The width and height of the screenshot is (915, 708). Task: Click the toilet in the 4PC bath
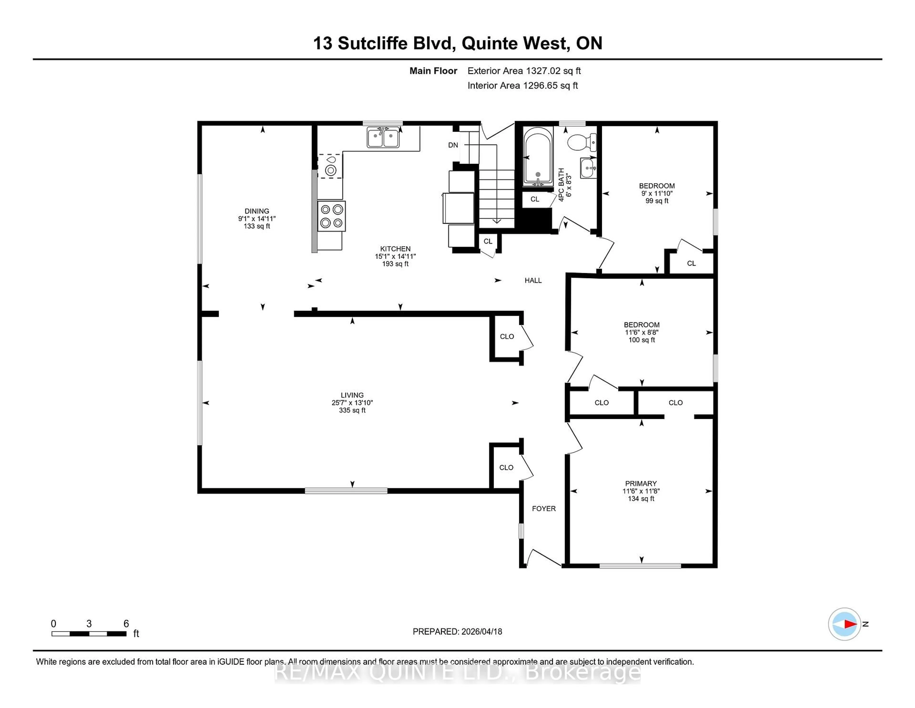[x=582, y=142]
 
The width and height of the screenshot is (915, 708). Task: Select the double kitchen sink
[x=383, y=138]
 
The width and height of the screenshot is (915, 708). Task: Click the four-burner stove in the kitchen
[x=331, y=216]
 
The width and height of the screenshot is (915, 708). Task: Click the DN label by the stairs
[x=453, y=145]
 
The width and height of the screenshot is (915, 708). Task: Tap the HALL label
[x=533, y=280]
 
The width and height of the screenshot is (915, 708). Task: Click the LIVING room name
[x=352, y=395]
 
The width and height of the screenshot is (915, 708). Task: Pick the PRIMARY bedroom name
[x=640, y=484]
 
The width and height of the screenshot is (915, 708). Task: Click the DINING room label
[x=257, y=211]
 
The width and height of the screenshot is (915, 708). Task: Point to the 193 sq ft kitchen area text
[x=395, y=264]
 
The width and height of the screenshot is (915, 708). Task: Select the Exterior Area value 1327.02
[x=541, y=71]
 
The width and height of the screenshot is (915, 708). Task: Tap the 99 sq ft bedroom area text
[x=656, y=201]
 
